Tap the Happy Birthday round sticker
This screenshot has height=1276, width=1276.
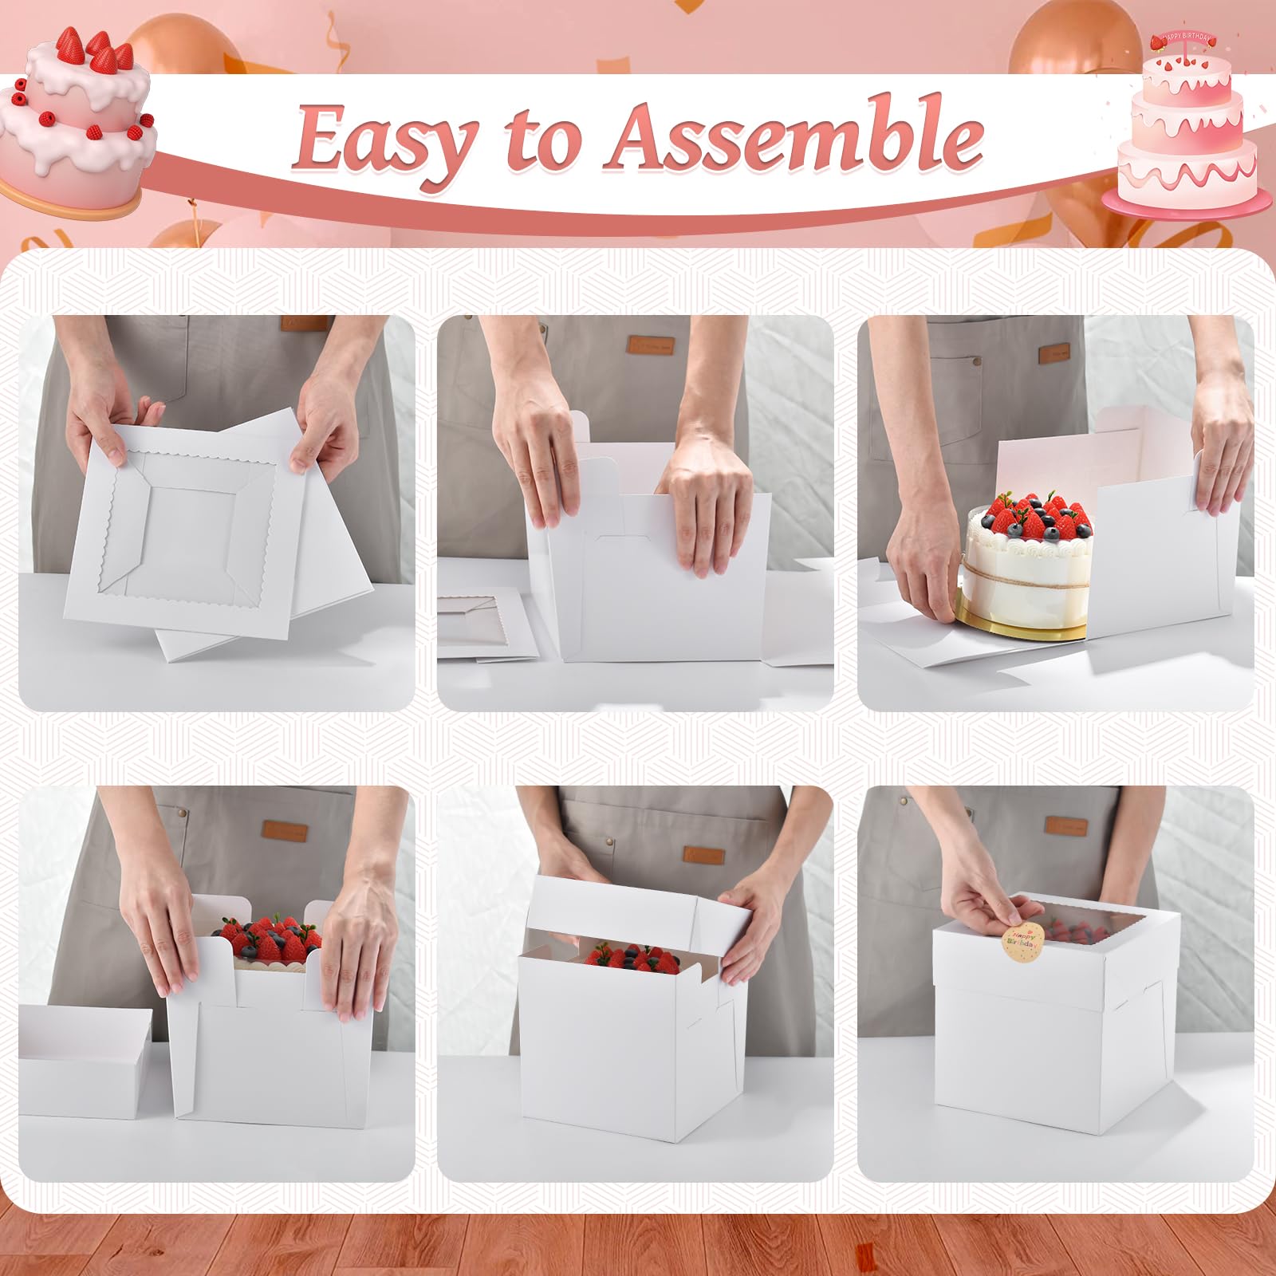point(1022,941)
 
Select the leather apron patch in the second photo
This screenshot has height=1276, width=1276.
point(650,345)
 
